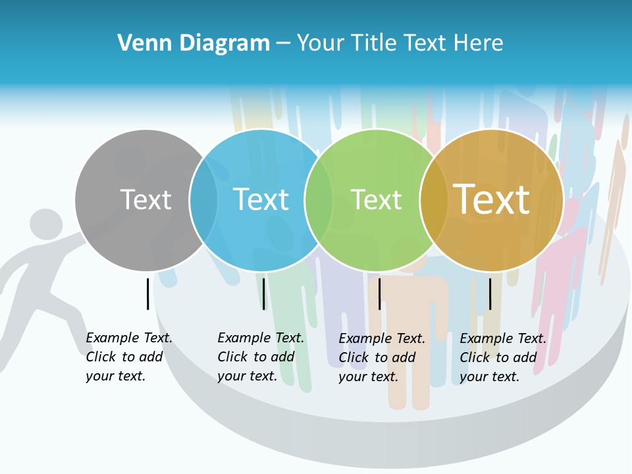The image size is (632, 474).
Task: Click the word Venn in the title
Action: tap(139, 43)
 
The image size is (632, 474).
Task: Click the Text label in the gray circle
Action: tap(145, 199)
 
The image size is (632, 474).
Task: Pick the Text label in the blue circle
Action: tap(261, 199)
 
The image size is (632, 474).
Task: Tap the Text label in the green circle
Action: tap(376, 199)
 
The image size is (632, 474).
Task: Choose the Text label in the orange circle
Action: tap(492, 199)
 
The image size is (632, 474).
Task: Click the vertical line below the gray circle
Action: tap(147, 294)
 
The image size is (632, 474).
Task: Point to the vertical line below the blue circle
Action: tap(263, 294)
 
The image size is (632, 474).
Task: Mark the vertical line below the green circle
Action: tap(379, 294)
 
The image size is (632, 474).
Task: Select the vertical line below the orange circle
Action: tap(490, 294)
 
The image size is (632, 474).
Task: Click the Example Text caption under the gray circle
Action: tap(128, 357)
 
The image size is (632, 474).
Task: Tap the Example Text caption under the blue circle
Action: tap(260, 357)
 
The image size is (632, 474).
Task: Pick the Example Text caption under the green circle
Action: tap(381, 357)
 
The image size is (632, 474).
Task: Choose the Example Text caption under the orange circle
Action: tap(502, 357)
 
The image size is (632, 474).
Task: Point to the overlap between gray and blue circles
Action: tap(204, 200)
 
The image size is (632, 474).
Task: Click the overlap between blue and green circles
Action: tap(319, 200)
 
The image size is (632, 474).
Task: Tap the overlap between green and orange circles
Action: tap(434, 200)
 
